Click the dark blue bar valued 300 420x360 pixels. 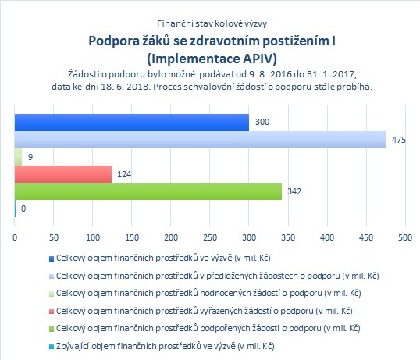(132, 123)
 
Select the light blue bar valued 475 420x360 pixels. (200, 140)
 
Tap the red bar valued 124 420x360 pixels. (63, 174)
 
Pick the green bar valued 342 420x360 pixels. (148, 191)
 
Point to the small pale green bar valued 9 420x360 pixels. (18, 157)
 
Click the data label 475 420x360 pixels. (399, 140)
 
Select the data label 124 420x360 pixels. (124, 174)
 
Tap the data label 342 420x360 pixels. (294, 191)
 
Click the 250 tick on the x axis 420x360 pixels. (210, 237)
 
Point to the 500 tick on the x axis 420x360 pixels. (405, 237)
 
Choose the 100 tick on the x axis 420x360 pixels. (93, 237)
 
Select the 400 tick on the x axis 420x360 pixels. (327, 237)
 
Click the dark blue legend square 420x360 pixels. (52, 258)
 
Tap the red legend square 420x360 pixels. (52, 312)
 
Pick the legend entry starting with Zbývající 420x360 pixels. (165, 346)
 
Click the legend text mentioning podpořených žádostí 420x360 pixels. (208, 328)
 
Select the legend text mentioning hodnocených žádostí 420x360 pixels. (208, 293)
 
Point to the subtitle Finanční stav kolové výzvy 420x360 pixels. (212, 23)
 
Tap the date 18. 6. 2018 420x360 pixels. (125, 87)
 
